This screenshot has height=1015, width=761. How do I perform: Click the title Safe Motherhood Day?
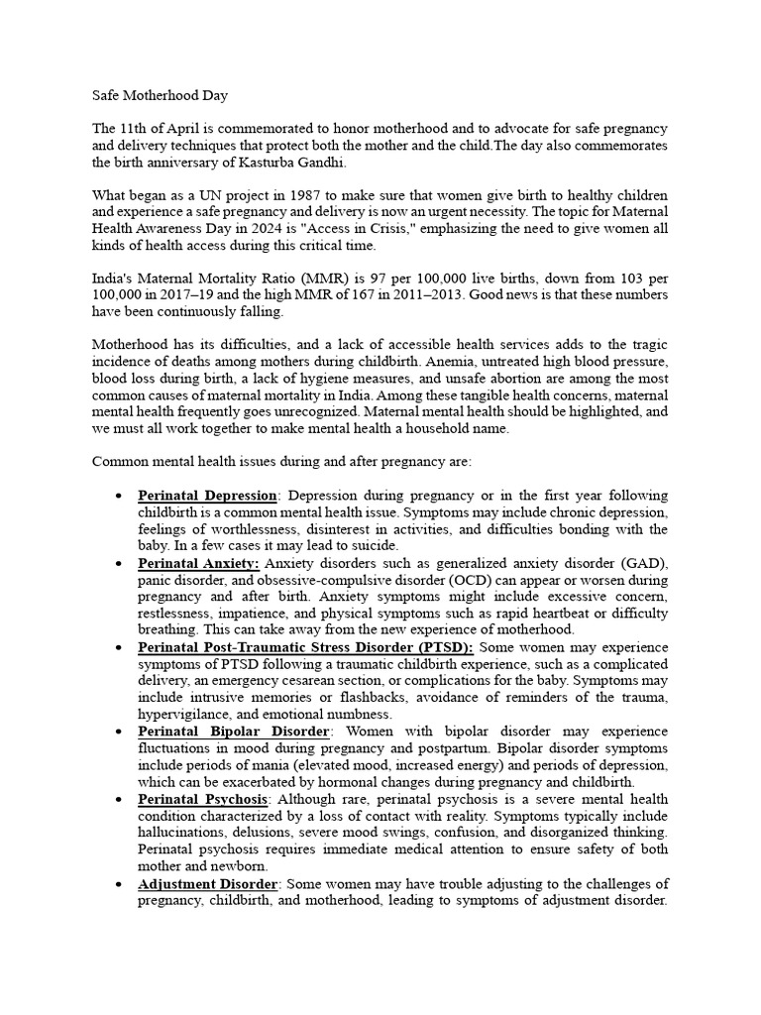[160, 97]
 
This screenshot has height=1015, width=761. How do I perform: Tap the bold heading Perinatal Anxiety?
[198, 562]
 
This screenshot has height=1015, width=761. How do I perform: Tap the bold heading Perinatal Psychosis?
[203, 798]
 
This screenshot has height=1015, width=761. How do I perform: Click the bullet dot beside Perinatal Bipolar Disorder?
[119, 732]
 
